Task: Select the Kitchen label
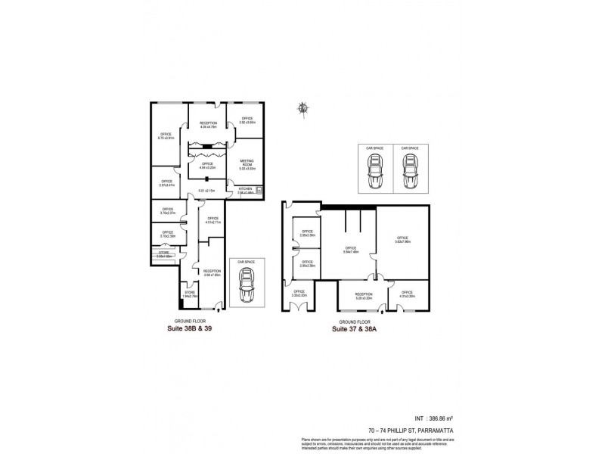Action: (x=246, y=190)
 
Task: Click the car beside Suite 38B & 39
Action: (x=246, y=285)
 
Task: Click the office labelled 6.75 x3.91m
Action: (x=166, y=137)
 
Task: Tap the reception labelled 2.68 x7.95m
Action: (x=212, y=272)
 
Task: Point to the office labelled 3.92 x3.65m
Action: (x=247, y=120)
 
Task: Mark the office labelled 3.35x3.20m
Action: (x=299, y=294)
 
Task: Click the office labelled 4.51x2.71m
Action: (x=213, y=221)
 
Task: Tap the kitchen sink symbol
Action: (x=259, y=190)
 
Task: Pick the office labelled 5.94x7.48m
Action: (x=350, y=250)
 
